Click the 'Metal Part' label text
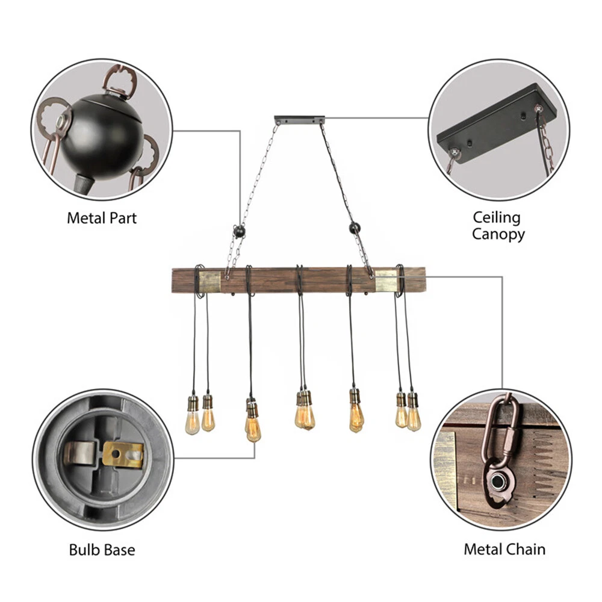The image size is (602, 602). point(102,217)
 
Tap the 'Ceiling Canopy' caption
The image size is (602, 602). point(497,225)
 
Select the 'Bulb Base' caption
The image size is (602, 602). point(102,549)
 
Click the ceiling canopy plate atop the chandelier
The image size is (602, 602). point(299,120)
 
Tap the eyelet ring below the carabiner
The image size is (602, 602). point(499,481)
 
